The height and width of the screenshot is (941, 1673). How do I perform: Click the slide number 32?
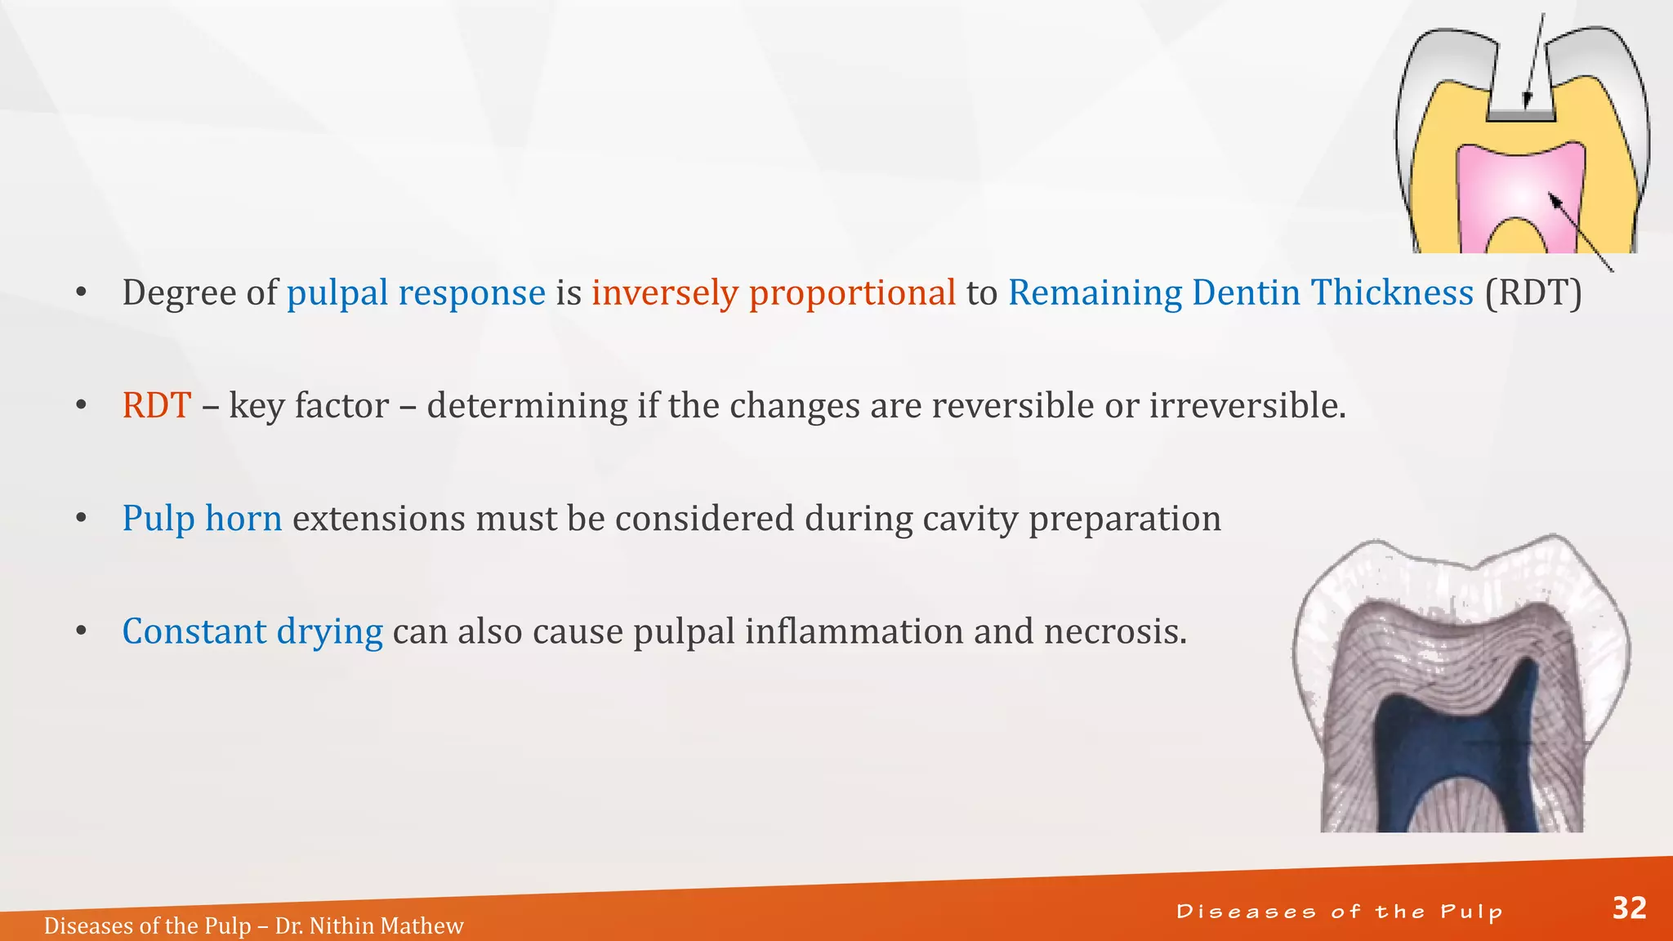(x=1629, y=908)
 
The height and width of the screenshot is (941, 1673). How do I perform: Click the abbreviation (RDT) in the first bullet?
(x=1533, y=292)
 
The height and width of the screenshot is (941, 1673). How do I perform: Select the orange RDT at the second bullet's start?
(x=157, y=405)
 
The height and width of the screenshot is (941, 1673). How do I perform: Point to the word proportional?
(x=852, y=292)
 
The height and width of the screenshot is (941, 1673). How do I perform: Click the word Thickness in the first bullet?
(x=1392, y=292)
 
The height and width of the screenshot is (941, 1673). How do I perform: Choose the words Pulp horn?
(x=202, y=518)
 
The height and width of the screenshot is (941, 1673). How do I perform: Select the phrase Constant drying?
(x=252, y=631)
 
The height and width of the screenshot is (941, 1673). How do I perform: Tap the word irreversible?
(x=1247, y=405)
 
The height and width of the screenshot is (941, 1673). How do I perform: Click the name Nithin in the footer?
(x=344, y=925)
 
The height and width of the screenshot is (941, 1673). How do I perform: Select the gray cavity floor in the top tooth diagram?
(x=1520, y=116)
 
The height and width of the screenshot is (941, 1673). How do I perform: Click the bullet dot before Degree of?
(x=81, y=292)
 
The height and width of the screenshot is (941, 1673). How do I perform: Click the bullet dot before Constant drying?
(x=81, y=631)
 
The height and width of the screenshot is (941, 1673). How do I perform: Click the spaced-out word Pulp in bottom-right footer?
(x=1471, y=912)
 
